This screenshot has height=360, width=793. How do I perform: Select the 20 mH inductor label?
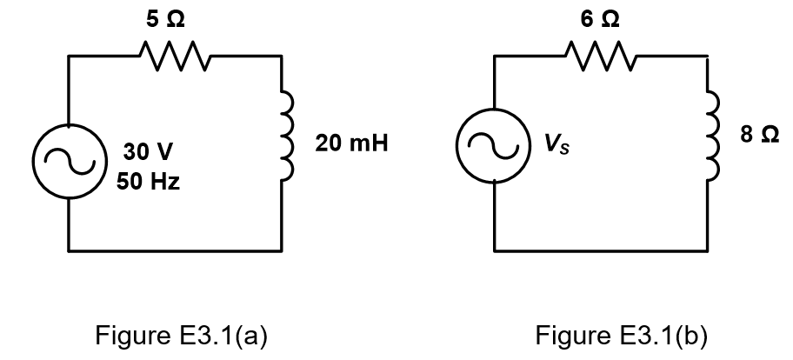(350, 144)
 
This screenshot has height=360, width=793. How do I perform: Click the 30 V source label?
(147, 152)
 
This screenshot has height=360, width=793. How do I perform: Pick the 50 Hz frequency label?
(148, 183)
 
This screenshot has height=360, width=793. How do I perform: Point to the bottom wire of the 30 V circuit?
(174, 250)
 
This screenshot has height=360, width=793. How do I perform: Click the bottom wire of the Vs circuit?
(602, 250)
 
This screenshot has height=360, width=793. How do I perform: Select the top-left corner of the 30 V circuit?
(68, 57)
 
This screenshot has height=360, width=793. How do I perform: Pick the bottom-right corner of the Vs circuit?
(710, 250)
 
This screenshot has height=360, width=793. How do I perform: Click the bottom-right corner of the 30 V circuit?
(282, 250)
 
